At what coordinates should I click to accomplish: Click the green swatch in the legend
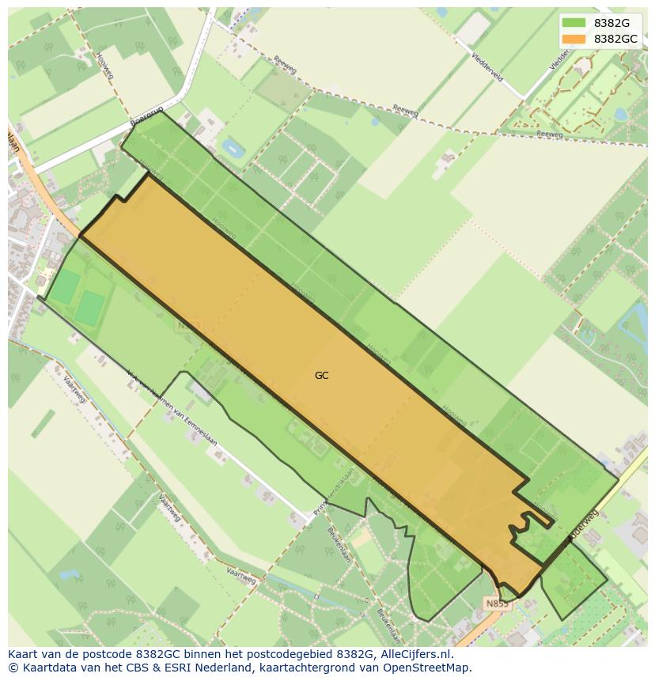pyautogui.click(x=574, y=23)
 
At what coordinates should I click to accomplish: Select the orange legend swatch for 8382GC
pyautogui.click(x=574, y=39)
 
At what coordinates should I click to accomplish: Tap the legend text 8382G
pyautogui.click(x=611, y=23)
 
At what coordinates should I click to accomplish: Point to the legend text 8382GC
pyautogui.click(x=616, y=39)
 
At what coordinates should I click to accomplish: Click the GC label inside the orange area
pyautogui.click(x=321, y=376)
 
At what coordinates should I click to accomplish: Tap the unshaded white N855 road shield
pyautogui.click(x=497, y=603)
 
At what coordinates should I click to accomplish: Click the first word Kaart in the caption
pyautogui.click(x=23, y=654)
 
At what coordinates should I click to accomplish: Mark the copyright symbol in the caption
pyautogui.click(x=12, y=668)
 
